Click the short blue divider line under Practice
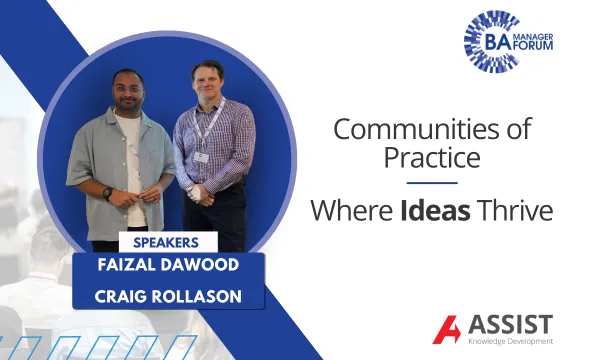coord(432,183)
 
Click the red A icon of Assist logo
coord(446,329)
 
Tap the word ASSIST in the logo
coord(510,324)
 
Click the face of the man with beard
coord(129,89)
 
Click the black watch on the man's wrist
coord(107,192)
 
